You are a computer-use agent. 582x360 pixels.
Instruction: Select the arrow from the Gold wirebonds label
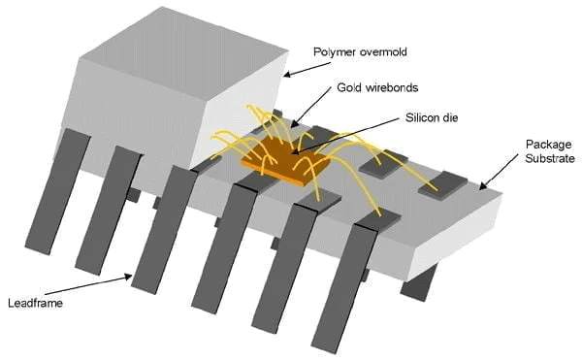point(316,108)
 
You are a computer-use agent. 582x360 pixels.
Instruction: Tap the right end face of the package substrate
point(456,243)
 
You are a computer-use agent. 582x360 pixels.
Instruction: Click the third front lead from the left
point(161,233)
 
